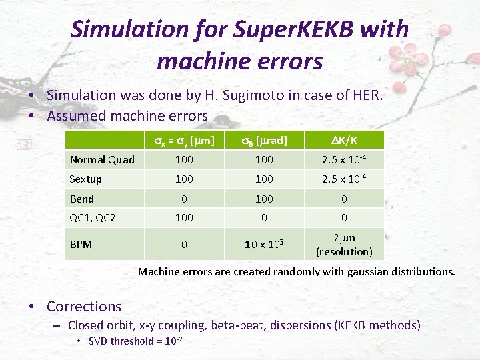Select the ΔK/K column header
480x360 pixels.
(344, 140)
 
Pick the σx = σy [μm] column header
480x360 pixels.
(184, 141)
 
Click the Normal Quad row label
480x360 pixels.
(102, 159)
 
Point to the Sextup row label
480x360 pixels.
(86, 179)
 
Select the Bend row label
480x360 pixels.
(82, 199)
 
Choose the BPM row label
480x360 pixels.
(81, 245)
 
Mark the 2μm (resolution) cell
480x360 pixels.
(344, 245)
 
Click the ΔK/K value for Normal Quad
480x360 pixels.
(344, 159)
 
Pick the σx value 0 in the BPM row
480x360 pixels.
(184, 245)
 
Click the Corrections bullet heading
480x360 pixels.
(84, 307)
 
